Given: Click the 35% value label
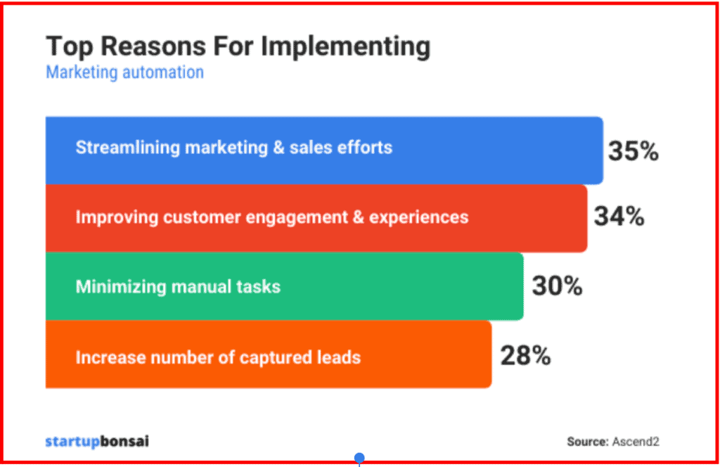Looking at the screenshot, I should tap(633, 151).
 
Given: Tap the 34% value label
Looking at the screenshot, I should tap(619, 217).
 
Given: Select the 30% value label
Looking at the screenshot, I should tap(557, 286).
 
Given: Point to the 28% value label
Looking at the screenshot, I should tap(525, 356).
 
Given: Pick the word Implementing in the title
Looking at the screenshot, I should tap(345, 46).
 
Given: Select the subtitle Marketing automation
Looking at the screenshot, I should tap(124, 72).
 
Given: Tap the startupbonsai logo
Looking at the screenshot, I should tap(97, 442).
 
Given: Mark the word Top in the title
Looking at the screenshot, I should tap(67, 46).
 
